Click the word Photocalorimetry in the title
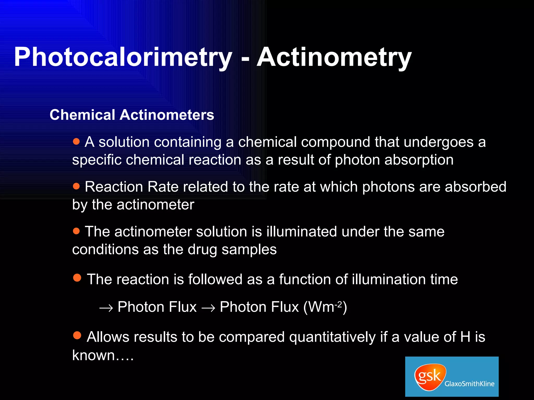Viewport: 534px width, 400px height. tap(123, 57)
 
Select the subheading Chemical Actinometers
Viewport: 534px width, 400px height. tap(132, 115)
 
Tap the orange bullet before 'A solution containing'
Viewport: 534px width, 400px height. tap(76, 141)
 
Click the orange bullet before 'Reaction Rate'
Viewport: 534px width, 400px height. tap(76, 186)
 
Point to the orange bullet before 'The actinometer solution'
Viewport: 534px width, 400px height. tap(76, 231)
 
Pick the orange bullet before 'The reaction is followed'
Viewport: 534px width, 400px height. tap(77, 278)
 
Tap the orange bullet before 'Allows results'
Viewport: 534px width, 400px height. tap(77, 335)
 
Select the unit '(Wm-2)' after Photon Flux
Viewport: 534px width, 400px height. tap(325, 307)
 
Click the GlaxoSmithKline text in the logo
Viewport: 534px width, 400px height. tap(469, 384)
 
